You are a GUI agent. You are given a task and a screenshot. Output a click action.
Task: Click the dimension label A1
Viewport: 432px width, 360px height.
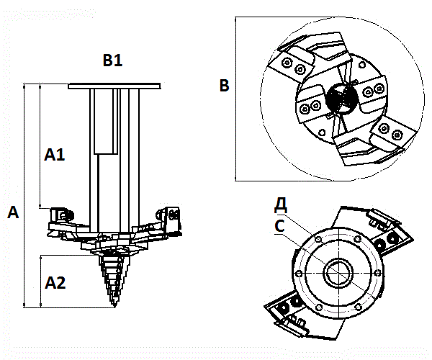point(55,154)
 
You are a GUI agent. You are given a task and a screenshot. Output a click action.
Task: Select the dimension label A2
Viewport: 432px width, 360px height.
point(55,283)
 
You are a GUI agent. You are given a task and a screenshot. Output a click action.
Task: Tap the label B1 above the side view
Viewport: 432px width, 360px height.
point(112,62)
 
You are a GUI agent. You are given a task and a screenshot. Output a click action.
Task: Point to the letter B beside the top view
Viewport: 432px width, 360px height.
point(224,86)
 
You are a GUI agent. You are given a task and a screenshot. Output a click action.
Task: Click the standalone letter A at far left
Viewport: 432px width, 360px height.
point(12,212)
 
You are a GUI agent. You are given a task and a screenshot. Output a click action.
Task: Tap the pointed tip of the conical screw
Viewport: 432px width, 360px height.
point(113,308)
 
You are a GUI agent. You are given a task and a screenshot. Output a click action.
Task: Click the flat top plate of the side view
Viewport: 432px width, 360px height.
point(113,85)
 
